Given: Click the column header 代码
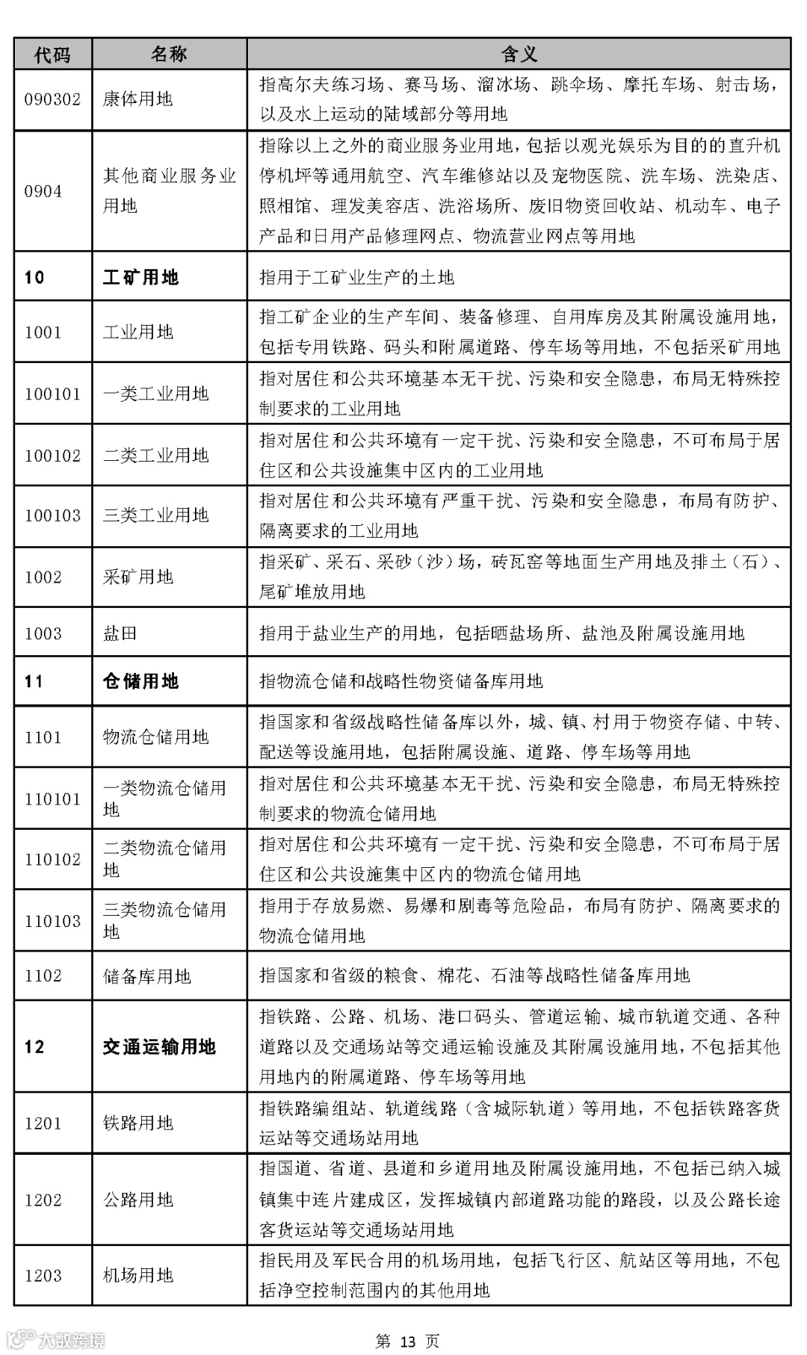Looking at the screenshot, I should (x=52, y=54).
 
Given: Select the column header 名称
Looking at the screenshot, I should (x=169, y=54).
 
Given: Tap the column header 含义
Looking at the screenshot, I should (x=519, y=54).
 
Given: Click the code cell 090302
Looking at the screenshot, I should (x=52, y=99).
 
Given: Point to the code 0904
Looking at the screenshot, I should (x=43, y=191).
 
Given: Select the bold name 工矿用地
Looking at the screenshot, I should (x=140, y=278).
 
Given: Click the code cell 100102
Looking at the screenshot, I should (x=52, y=456).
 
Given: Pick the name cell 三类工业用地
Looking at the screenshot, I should (x=155, y=515).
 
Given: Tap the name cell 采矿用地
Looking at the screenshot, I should (x=137, y=577).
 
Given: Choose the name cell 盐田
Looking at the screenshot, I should (x=120, y=633).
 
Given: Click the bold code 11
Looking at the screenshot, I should (x=34, y=681).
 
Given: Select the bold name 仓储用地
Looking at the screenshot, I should (x=140, y=681).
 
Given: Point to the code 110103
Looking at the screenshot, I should (x=52, y=921).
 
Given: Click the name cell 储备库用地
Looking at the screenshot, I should (x=146, y=976).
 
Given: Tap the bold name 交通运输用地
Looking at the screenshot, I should (x=159, y=1047).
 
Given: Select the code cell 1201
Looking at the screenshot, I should (x=43, y=1123).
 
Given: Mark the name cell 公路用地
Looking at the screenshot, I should (x=137, y=1200).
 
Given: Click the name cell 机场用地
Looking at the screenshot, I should (x=137, y=1275).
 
